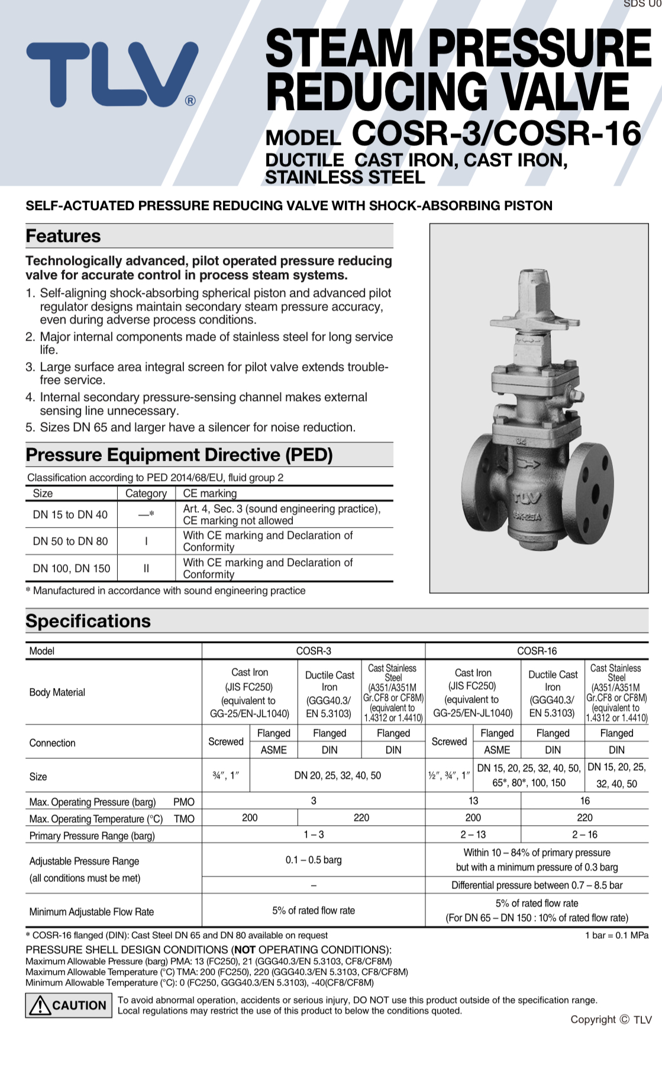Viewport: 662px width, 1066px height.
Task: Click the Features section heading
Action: (x=63, y=236)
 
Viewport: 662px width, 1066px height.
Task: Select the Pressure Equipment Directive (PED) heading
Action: (x=179, y=455)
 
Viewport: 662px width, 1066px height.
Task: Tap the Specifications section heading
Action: (x=88, y=621)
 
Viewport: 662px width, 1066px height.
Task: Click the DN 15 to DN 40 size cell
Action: (x=70, y=515)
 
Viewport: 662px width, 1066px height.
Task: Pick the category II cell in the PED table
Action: (x=146, y=568)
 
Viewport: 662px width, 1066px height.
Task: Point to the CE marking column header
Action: (x=210, y=493)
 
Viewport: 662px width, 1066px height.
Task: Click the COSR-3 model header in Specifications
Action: (x=314, y=651)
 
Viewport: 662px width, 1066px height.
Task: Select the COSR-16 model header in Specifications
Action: (x=537, y=651)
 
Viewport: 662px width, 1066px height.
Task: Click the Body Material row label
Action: (x=57, y=692)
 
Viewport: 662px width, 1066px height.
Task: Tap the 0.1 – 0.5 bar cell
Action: (x=314, y=860)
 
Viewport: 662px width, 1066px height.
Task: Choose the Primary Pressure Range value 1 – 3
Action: (x=314, y=835)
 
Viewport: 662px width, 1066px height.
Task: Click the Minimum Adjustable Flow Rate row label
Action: (x=92, y=912)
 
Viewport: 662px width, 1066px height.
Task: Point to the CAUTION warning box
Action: (x=69, y=1005)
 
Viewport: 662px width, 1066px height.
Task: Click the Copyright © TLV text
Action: (x=611, y=1019)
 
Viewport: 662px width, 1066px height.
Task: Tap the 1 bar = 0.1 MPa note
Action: (x=616, y=935)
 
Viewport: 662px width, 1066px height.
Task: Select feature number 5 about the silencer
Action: (x=190, y=427)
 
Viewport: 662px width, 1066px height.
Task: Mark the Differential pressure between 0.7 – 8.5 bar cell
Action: (x=537, y=885)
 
